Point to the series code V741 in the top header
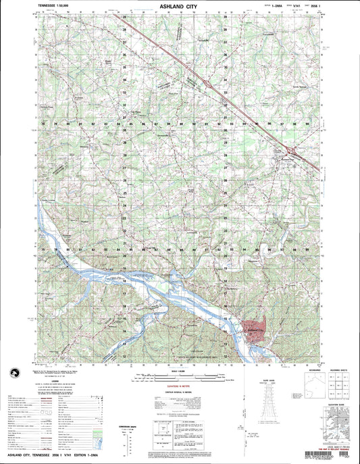tap(293, 5)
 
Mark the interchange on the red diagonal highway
tap(291, 150)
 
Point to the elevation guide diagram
tap(336, 426)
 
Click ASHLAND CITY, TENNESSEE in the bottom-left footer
tap(34, 459)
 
